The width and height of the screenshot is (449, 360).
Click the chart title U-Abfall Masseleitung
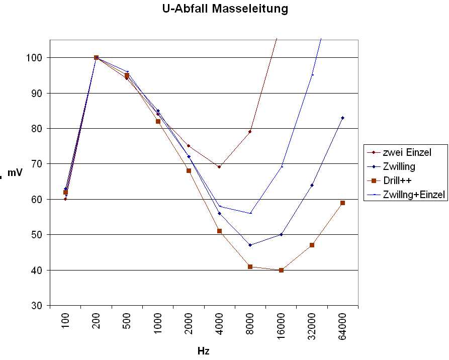225,9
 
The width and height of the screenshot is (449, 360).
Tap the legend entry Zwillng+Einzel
414,195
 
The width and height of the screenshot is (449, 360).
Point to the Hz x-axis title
203,351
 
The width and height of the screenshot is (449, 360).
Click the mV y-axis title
15,173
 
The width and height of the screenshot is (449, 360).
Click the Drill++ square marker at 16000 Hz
281,270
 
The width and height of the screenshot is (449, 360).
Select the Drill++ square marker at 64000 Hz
342,203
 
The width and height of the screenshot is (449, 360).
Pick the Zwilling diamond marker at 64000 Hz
342,118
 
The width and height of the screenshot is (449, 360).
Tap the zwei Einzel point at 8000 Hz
250,132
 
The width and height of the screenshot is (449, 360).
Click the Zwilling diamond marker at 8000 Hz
250,245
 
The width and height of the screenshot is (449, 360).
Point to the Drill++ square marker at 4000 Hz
219,231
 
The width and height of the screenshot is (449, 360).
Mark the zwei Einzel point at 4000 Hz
219,167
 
